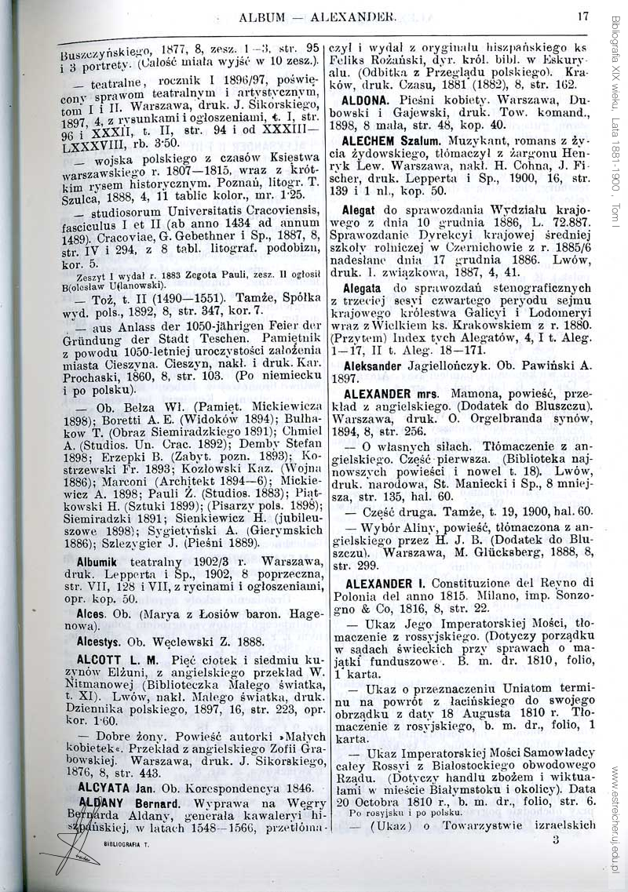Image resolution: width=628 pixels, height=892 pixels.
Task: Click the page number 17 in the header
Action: (582, 15)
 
